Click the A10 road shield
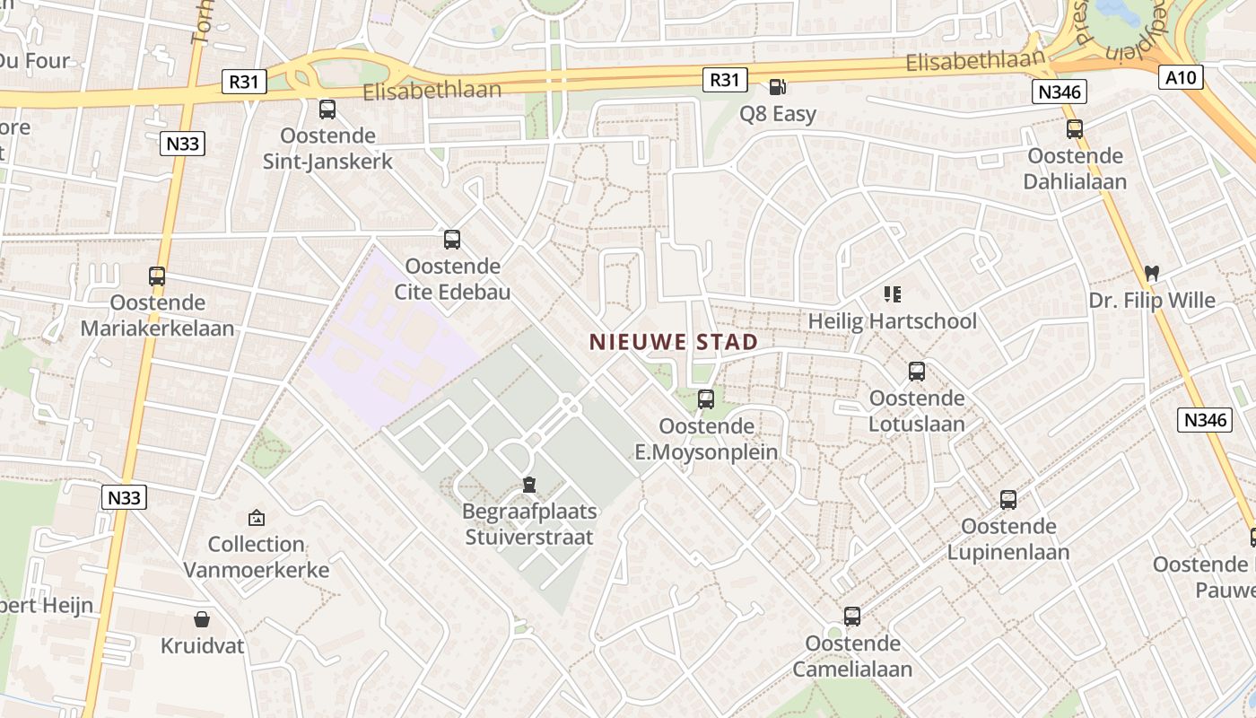tap(1181, 77)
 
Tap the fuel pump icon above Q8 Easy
tap(777, 87)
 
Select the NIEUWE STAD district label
tap(674, 342)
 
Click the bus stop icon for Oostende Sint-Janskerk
tap(327, 109)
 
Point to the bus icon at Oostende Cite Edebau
tap(452, 240)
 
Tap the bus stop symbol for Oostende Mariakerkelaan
tap(157, 276)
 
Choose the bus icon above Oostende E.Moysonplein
tap(706, 399)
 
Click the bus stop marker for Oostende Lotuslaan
tap(916, 372)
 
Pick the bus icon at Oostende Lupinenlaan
tap(1008, 500)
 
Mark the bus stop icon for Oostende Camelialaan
tap(852, 617)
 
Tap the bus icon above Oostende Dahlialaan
tap(1075, 129)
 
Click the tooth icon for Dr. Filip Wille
tap(1151, 274)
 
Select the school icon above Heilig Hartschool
tap(892, 293)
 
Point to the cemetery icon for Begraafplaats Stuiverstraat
tap(529, 486)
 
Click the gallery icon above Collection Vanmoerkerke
tap(257, 518)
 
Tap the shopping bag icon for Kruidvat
tap(202, 619)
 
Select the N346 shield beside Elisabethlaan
tap(1060, 91)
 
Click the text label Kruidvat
tap(202, 645)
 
